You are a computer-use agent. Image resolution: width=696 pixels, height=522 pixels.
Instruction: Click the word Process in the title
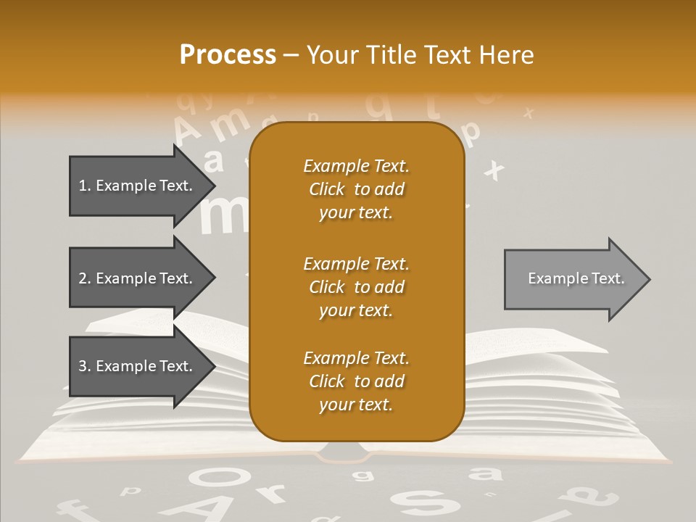click(228, 55)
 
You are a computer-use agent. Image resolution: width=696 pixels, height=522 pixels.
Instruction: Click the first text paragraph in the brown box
click(356, 189)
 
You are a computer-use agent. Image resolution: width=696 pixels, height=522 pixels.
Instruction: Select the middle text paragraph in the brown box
click(356, 286)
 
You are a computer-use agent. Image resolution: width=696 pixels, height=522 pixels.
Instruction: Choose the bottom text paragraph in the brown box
click(356, 381)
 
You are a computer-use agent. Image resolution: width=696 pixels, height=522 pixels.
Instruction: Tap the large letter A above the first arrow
click(188, 131)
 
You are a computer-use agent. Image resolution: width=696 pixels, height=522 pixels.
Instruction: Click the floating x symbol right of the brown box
click(494, 170)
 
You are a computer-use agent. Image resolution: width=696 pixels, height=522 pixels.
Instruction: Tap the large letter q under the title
click(381, 106)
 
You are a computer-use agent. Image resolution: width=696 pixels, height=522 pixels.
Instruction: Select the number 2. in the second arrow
click(85, 278)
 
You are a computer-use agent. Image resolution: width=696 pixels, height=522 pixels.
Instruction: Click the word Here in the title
click(507, 55)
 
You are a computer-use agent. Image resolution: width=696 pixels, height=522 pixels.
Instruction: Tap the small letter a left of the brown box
click(214, 161)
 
